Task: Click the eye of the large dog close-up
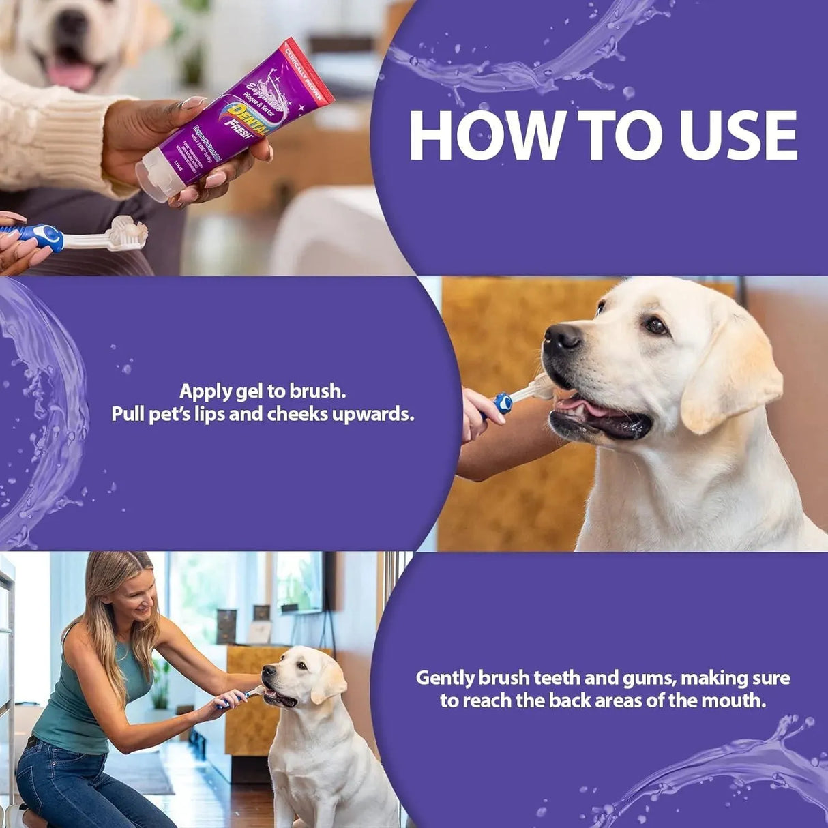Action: [655, 325]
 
